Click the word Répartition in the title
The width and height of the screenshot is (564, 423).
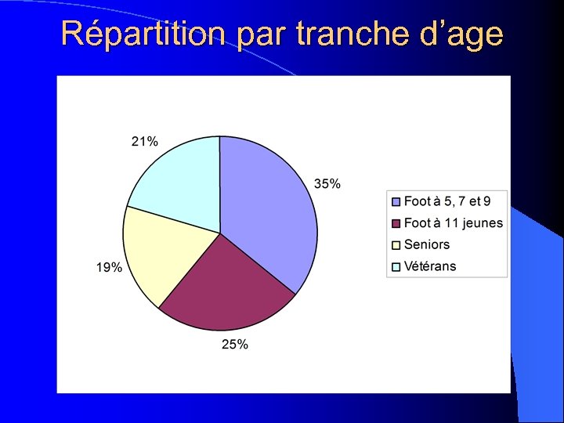pos(145,35)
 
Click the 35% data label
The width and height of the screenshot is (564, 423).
pos(327,184)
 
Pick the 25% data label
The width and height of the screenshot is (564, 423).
pos(235,344)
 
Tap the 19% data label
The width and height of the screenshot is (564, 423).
pos(109,267)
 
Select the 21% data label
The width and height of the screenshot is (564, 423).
pos(144,141)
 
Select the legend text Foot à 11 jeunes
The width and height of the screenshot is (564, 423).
pos(454,223)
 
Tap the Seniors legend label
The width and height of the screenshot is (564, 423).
pos(427,244)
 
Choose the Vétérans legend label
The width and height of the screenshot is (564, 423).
pos(430,266)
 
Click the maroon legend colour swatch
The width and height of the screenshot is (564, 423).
pos(396,223)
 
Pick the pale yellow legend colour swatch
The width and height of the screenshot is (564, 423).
pos(396,245)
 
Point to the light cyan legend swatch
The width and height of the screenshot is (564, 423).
pos(396,266)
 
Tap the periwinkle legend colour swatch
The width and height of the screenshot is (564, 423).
pos(396,202)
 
